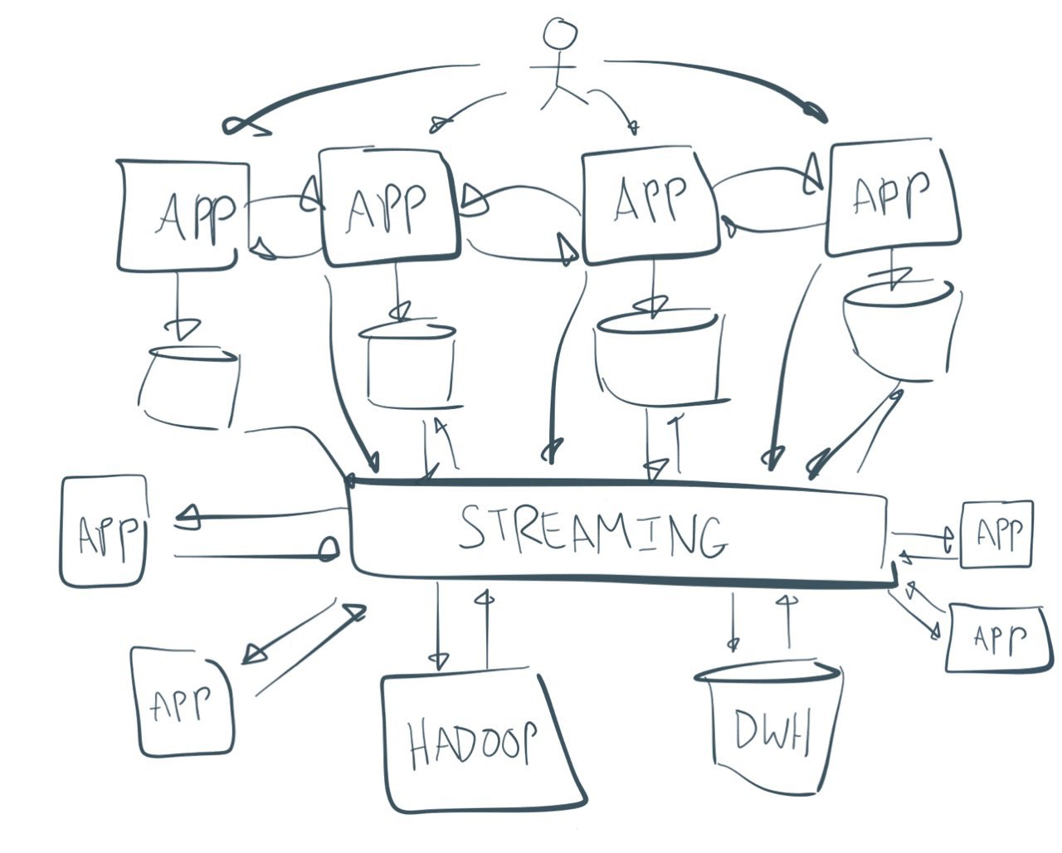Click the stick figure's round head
click(x=559, y=33)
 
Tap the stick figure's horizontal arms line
click(x=553, y=66)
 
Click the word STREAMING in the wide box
click(x=593, y=532)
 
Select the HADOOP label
click(x=473, y=745)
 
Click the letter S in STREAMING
click(x=474, y=526)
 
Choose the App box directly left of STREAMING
click(x=104, y=531)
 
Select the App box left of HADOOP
click(x=182, y=702)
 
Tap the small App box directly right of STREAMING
click(x=996, y=534)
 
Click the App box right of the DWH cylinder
click(x=998, y=638)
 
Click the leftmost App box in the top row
click(x=183, y=215)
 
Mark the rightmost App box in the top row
click(x=894, y=198)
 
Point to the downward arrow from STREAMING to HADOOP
click(x=438, y=627)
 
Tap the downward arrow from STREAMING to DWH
click(x=733, y=622)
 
